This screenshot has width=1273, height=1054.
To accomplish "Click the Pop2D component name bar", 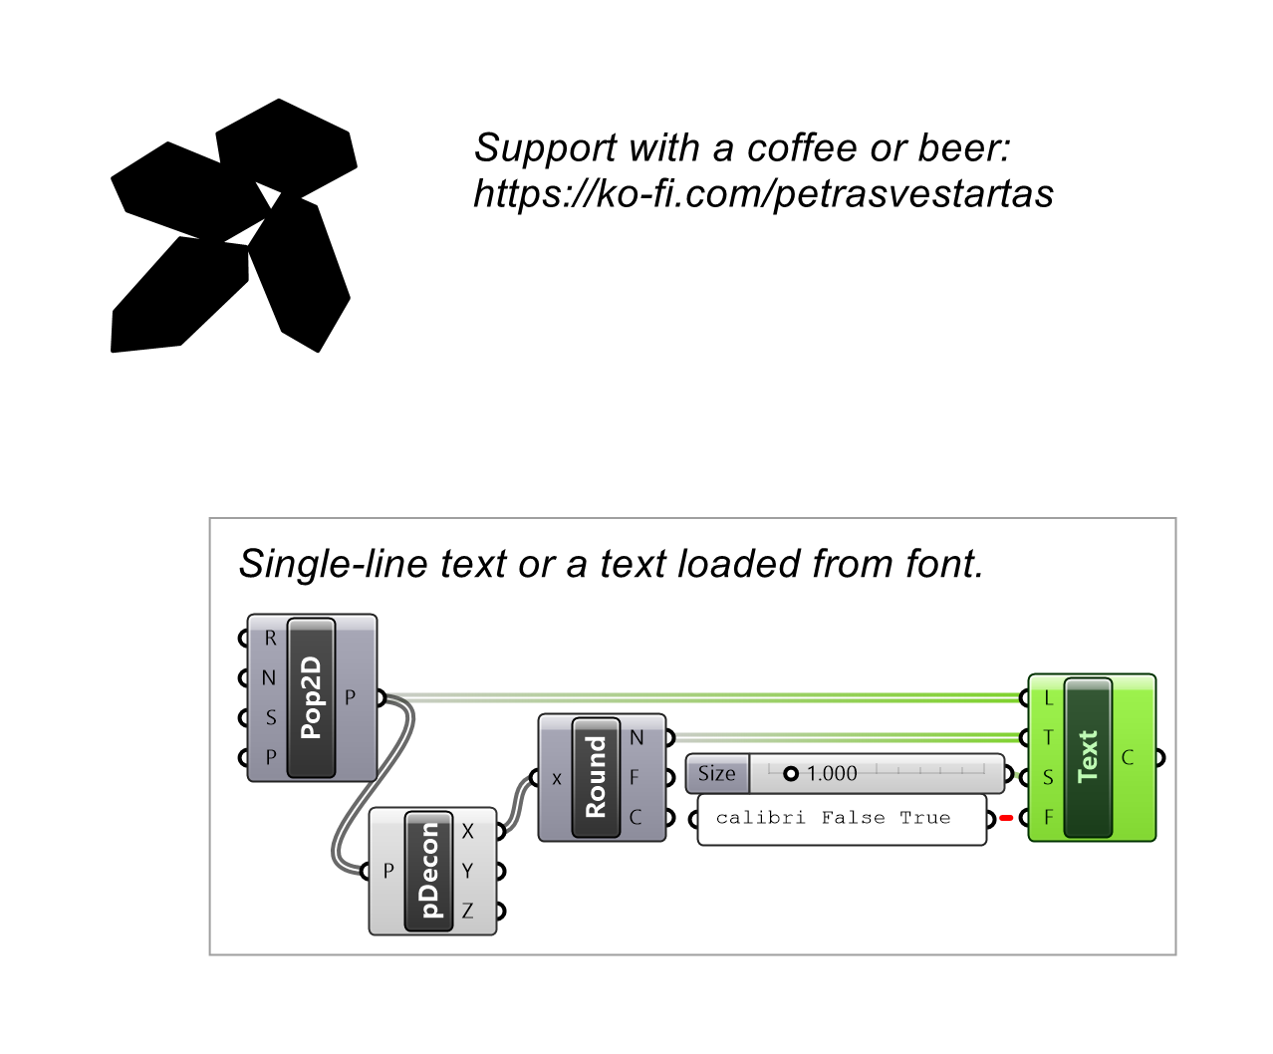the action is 311,697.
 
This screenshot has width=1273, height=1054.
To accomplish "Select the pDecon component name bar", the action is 428,871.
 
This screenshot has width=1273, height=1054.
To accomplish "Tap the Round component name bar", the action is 596,777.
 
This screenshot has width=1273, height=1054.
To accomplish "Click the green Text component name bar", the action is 1088,757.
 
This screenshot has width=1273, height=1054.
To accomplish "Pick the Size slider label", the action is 717,773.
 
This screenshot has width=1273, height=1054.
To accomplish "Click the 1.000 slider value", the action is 832,773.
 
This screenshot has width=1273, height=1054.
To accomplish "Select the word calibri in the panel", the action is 760,817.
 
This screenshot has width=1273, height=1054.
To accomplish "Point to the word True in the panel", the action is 925,817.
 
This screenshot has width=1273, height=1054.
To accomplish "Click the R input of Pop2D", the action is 271,638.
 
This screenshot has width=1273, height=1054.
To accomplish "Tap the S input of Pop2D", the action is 271,717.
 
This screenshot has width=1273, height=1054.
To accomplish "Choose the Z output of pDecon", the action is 467,911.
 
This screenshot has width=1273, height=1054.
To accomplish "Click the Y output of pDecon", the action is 467,871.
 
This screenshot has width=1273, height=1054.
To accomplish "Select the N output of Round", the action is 636,738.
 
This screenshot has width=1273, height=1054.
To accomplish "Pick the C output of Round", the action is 636,817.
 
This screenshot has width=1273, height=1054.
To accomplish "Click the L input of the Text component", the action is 1049,697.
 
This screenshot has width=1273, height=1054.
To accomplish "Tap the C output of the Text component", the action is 1128,757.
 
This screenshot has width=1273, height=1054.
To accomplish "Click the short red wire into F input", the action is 1006,818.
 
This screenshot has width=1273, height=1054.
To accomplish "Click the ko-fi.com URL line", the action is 763,194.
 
